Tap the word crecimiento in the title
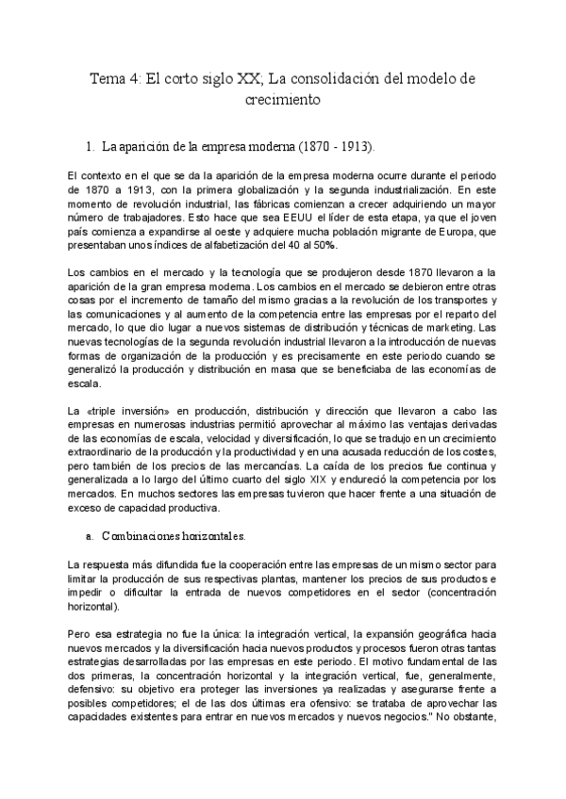point(283,99)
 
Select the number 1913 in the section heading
point(354,147)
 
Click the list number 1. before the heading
point(91,147)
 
